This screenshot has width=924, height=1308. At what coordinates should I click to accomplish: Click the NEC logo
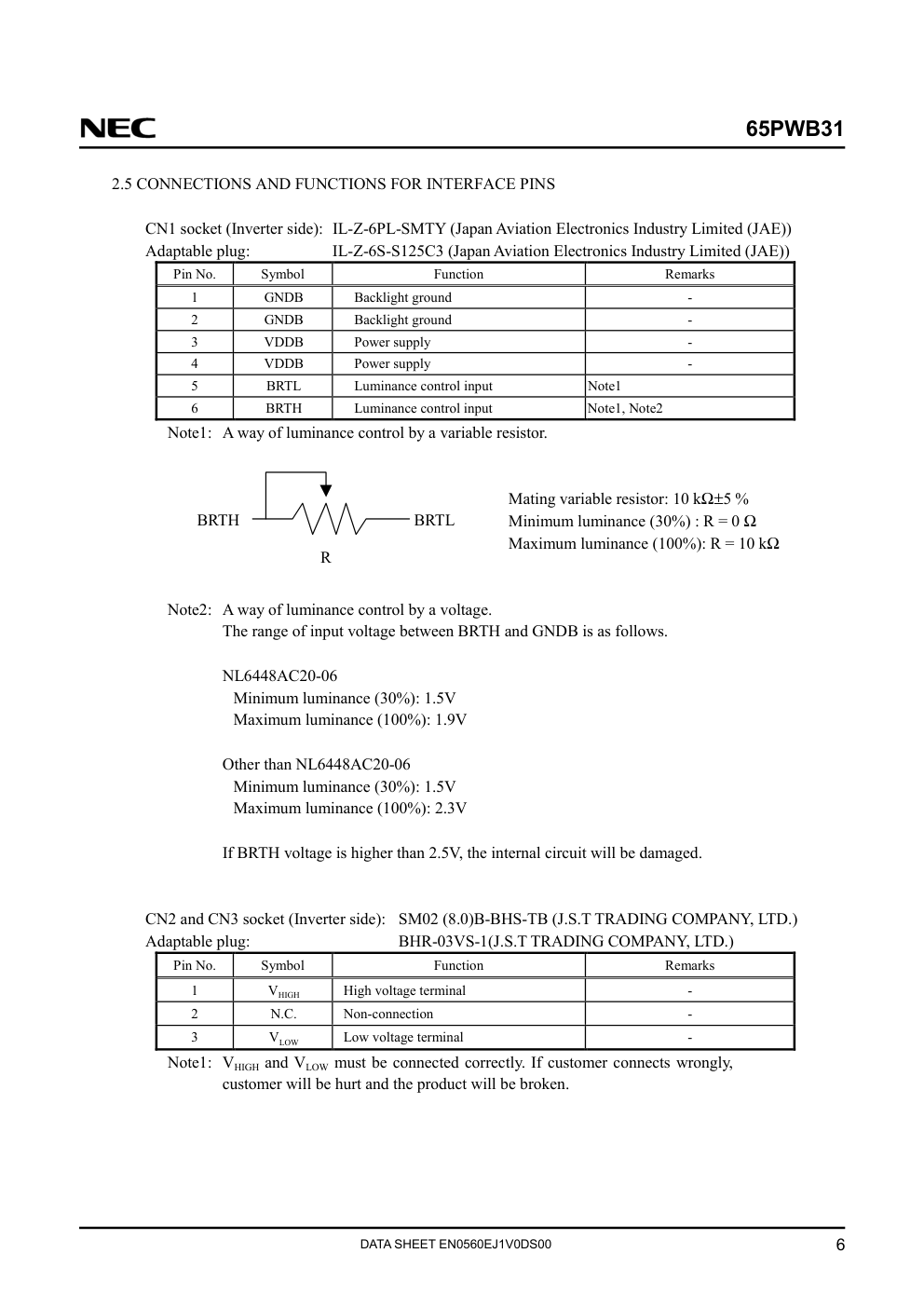[117, 129]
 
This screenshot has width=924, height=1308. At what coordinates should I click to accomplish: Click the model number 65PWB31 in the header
[794, 129]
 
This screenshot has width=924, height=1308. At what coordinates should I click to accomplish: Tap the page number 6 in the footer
[840, 1247]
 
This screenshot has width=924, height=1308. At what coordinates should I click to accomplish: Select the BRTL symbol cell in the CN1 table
[283, 386]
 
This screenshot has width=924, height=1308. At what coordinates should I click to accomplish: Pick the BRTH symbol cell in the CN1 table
[283, 408]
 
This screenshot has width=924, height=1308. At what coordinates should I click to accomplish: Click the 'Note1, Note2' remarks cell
[625, 408]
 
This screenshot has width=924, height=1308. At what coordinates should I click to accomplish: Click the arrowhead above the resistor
[325, 489]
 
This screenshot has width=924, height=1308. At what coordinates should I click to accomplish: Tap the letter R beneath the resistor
[325, 557]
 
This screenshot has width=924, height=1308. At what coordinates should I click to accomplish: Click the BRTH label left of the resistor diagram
[218, 520]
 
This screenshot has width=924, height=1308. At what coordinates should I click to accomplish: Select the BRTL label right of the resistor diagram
[434, 520]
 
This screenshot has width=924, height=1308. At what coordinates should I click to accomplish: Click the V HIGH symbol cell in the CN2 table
[283, 991]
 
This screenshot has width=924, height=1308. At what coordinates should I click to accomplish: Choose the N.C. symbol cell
[283, 1014]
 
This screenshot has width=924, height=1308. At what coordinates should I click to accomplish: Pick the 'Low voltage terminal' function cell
[403, 1037]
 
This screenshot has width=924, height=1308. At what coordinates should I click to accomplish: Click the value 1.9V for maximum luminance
[451, 719]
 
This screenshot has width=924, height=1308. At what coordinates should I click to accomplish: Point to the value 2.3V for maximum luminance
[451, 808]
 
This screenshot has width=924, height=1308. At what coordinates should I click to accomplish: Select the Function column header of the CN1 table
[458, 274]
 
